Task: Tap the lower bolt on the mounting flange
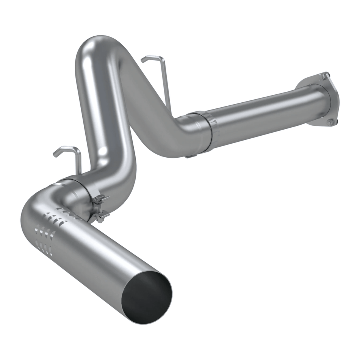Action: [x=330, y=122]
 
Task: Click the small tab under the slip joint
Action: [x=191, y=155]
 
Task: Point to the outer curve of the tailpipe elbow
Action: [x=28, y=212]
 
